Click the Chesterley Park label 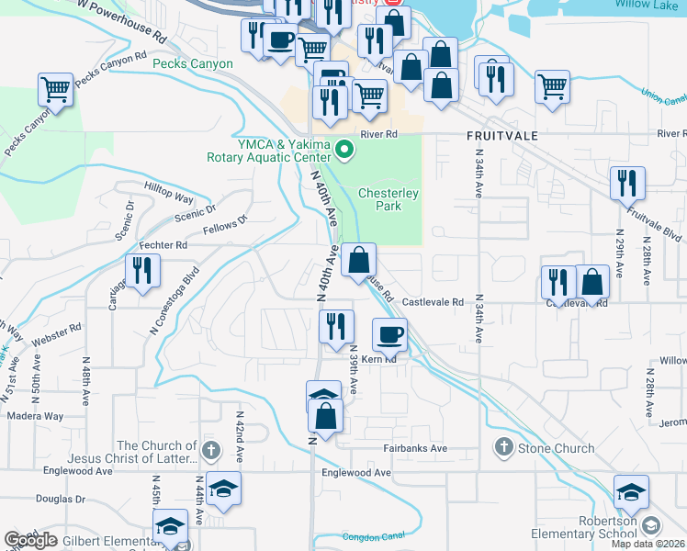point(389,199)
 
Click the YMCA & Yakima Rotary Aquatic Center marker point(344,148)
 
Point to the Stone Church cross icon point(503,448)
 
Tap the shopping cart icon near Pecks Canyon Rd point(55,90)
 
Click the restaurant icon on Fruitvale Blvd point(628,183)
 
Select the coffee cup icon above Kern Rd point(389,335)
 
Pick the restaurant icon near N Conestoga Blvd point(142,270)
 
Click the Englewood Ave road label point(356,473)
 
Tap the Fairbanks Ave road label point(415,448)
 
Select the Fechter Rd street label point(163,246)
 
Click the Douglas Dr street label point(61,500)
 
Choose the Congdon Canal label point(373,536)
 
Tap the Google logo point(30,540)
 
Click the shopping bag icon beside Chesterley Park point(358,260)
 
